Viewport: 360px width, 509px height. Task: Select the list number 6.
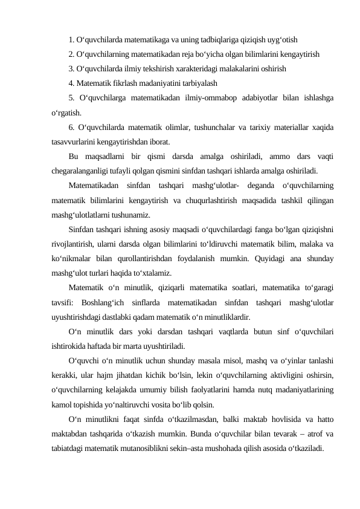(72, 128)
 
